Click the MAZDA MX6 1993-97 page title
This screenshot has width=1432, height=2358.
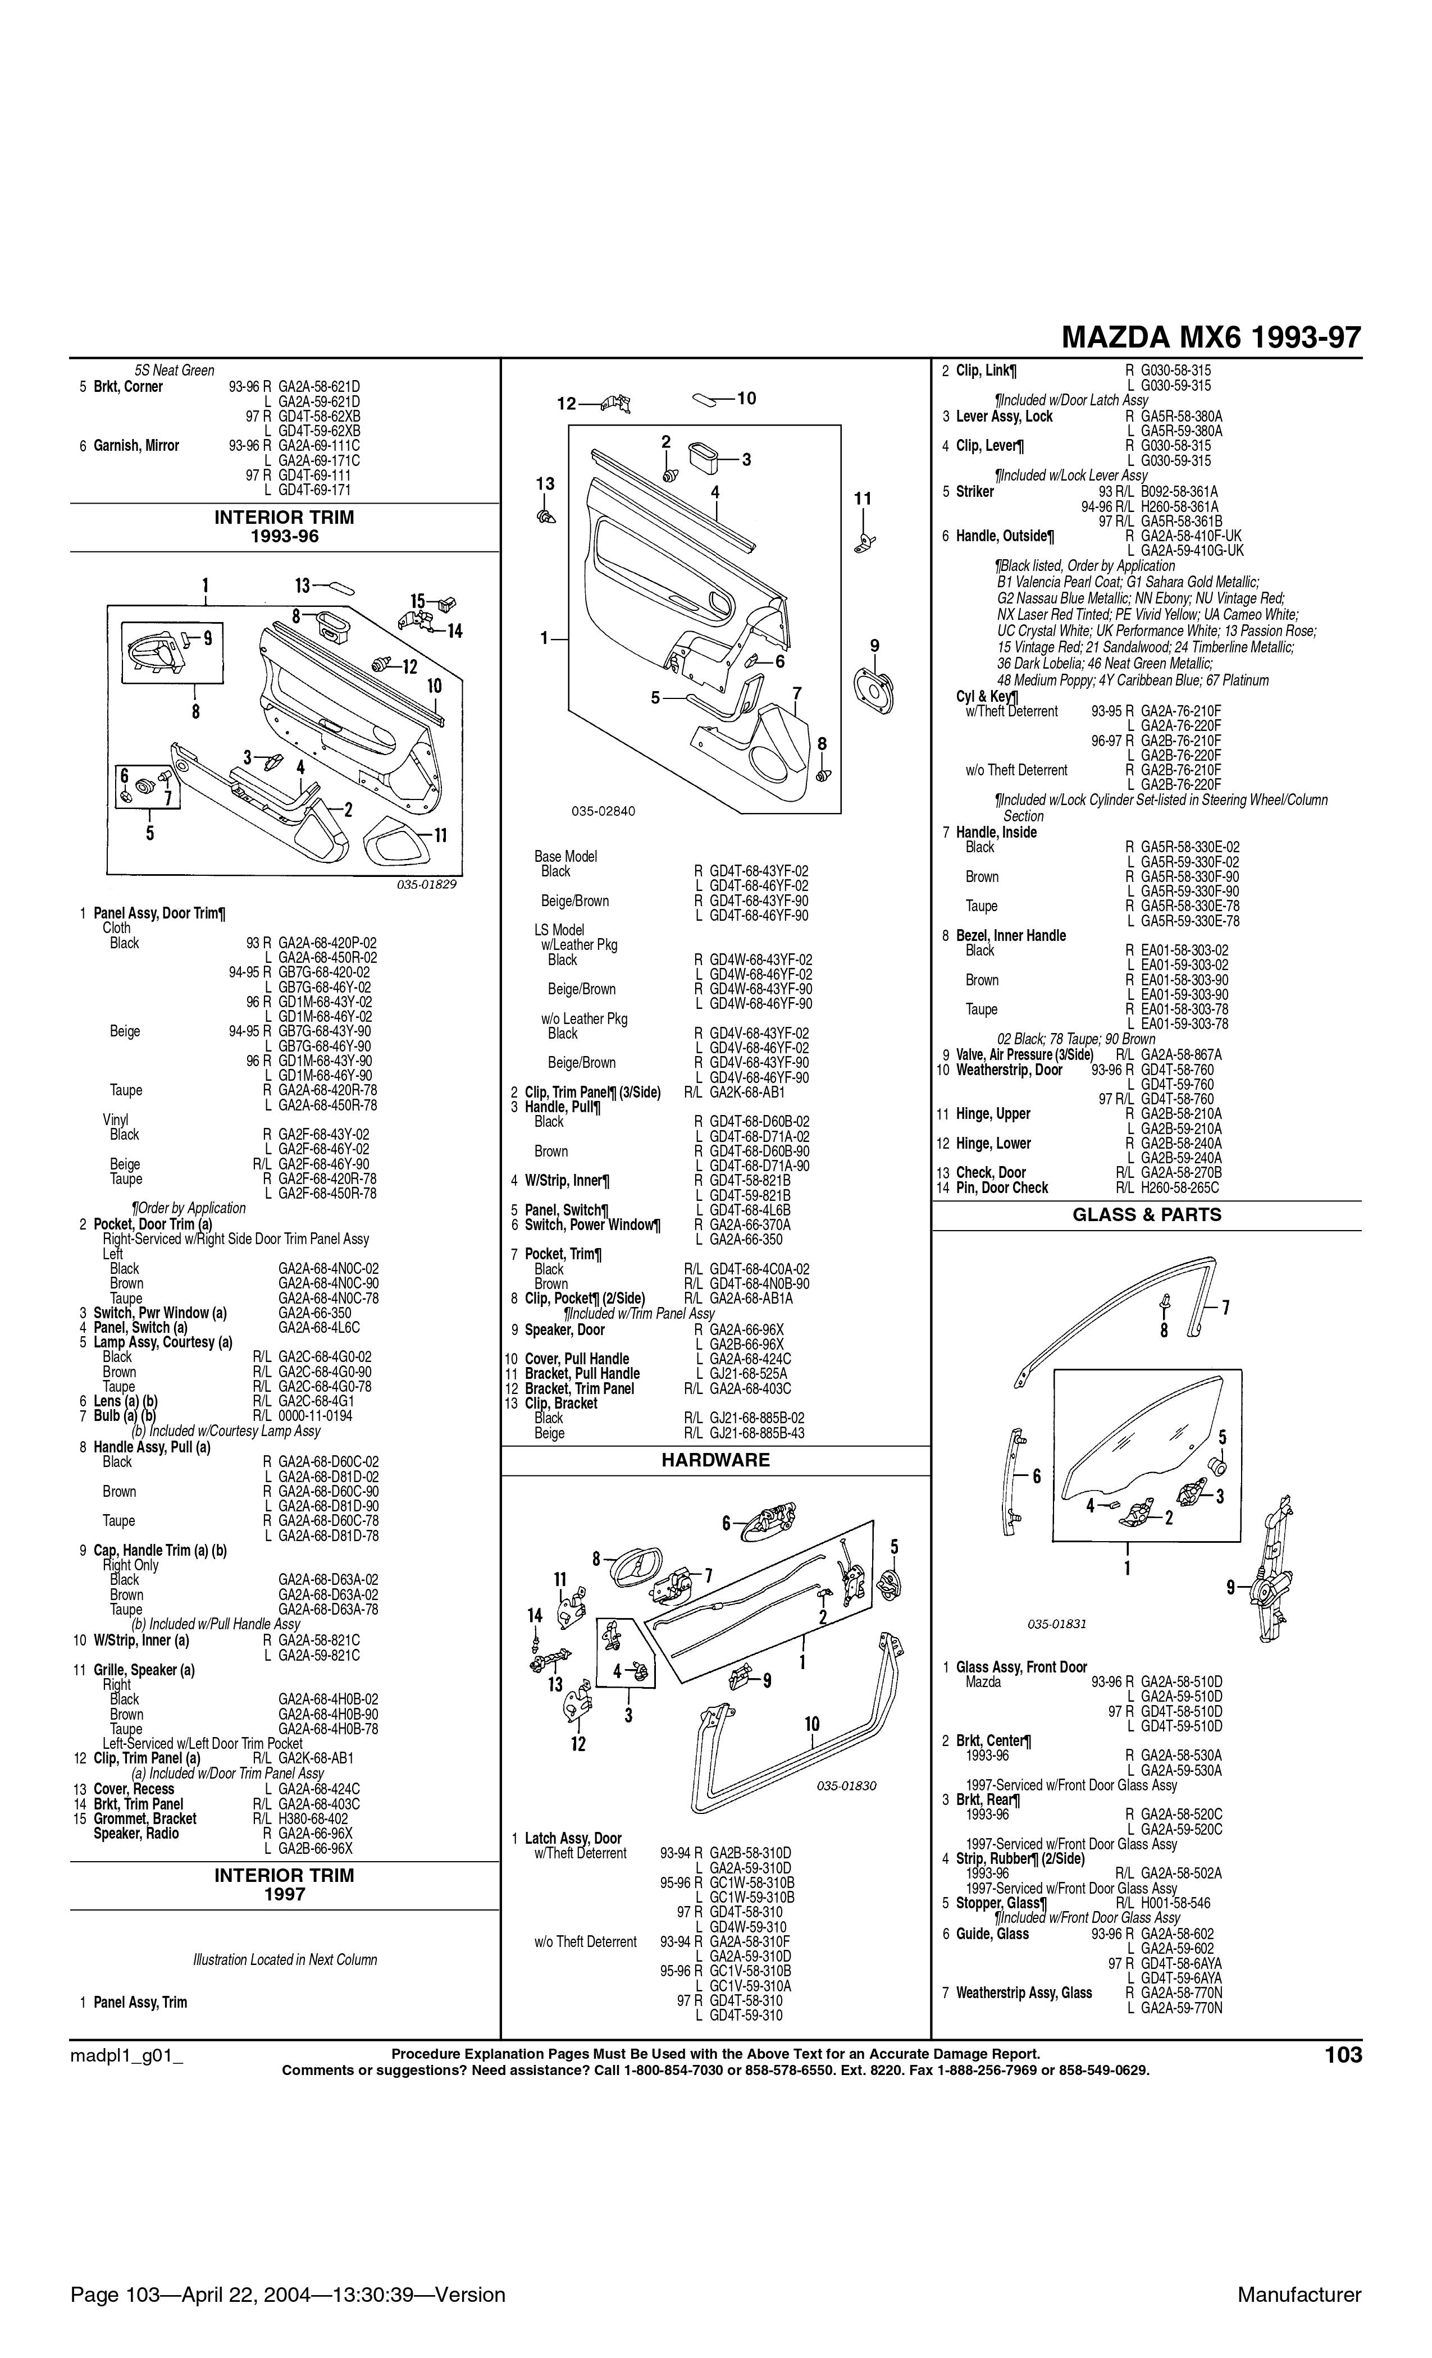pyautogui.click(x=1211, y=338)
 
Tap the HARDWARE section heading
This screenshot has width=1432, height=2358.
pyautogui.click(x=715, y=1460)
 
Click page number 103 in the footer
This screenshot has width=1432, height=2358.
pyautogui.click(x=1343, y=2055)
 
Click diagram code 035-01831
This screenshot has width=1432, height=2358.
pyautogui.click(x=1057, y=1624)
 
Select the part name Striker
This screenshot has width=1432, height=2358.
pyautogui.click(x=974, y=492)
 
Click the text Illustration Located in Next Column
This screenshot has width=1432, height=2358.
pyautogui.click(x=285, y=1960)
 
